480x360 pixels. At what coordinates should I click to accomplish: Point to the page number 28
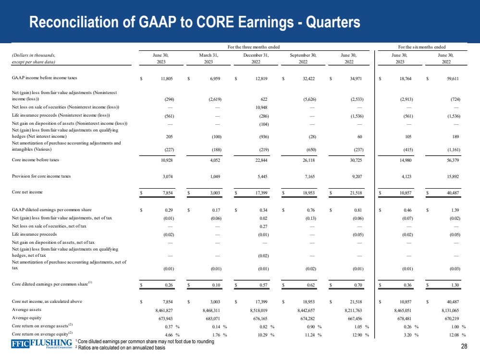[464, 346]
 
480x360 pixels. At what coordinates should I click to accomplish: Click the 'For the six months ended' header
[422, 47]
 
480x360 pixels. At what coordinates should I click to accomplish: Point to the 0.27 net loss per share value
[263, 226]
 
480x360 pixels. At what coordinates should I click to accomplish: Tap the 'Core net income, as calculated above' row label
[47, 301]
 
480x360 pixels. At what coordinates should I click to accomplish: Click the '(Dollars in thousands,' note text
[33, 55]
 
